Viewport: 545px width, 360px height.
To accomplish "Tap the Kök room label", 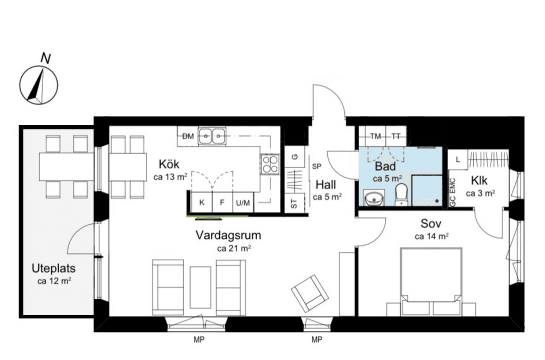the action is click(x=169, y=164).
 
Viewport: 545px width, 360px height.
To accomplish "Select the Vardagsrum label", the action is click(x=228, y=235).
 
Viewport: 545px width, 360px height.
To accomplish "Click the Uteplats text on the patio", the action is click(x=54, y=268).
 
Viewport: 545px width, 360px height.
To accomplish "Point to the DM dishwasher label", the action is click(x=188, y=136).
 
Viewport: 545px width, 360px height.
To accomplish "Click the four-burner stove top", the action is click(x=270, y=165).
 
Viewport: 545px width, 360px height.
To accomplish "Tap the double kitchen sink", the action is click(x=212, y=136).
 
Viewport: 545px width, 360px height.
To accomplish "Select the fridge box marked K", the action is click(x=202, y=202).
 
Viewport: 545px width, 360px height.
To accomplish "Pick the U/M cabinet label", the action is click(x=243, y=203).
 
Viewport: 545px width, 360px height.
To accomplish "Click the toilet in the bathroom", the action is click(x=401, y=194).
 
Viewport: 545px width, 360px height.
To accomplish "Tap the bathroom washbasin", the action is click(x=374, y=198).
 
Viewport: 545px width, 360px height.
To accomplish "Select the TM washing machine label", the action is click(x=375, y=136).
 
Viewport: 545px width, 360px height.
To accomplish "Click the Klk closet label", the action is click(x=480, y=181).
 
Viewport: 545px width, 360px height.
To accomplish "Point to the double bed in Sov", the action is click(x=431, y=282).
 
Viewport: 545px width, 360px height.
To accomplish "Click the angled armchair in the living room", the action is click(x=310, y=293).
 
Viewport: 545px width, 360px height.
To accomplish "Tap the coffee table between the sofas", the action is click(x=201, y=287).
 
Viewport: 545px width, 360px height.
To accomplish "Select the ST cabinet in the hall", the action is click(x=294, y=203).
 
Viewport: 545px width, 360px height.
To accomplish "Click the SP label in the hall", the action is click(x=317, y=167).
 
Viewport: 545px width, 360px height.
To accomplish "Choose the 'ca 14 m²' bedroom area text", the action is click(x=431, y=236).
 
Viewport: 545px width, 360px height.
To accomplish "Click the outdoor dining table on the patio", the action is click(x=67, y=167).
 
